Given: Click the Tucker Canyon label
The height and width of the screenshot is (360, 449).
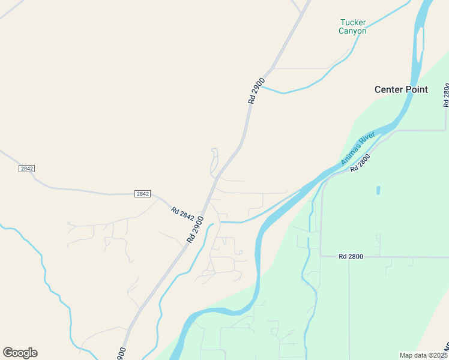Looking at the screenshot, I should click(x=352, y=26).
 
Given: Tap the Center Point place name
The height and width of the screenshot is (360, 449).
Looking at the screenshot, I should click(x=401, y=89).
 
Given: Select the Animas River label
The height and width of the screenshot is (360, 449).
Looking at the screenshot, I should click(x=358, y=148).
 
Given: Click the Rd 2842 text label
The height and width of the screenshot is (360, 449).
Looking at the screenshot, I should click(x=182, y=214).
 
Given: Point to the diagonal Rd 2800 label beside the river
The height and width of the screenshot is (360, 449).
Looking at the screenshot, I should click(x=360, y=163).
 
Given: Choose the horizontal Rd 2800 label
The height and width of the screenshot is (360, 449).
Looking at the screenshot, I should click(x=351, y=256).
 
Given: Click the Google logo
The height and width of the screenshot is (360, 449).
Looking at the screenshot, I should click(x=20, y=353).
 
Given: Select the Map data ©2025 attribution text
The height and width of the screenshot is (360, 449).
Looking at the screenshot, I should click(x=423, y=355).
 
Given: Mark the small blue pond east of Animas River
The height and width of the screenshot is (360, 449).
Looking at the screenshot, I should click(x=378, y=190).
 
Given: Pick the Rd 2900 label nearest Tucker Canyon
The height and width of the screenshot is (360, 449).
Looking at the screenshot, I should click(x=256, y=92).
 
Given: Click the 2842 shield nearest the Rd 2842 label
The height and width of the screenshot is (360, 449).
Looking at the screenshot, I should click(x=142, y=193).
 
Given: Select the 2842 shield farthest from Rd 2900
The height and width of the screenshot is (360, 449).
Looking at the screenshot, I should click(x=26, y=169).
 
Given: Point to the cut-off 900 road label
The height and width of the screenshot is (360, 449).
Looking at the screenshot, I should click(x=121, y=353).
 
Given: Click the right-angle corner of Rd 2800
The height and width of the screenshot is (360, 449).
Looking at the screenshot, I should click(x=321, y=256).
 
